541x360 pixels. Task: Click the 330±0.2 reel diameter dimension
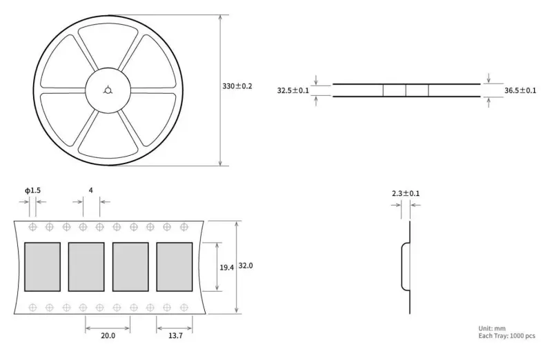(237, 86)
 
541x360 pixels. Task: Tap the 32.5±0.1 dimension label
(293, 90)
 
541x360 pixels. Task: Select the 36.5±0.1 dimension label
(520, 90)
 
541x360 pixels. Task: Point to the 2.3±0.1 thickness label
(406, 193)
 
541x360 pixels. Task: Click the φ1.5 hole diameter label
(32, 190)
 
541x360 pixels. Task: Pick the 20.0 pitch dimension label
(108, 335)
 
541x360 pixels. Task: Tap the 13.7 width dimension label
(175, 335)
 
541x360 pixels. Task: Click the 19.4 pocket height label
(226, 268)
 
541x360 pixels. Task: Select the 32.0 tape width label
(246, 266)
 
